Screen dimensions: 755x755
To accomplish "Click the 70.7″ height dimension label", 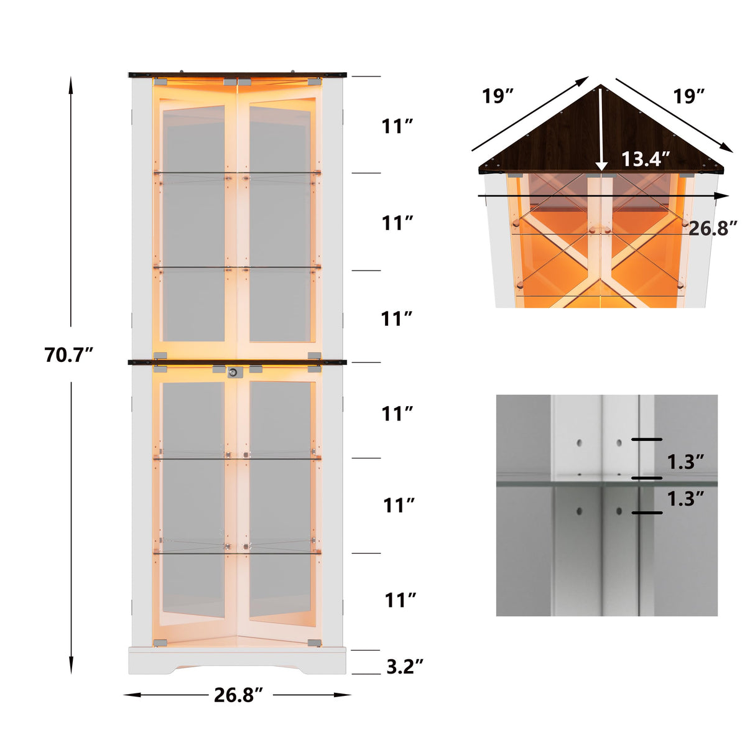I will (x=68, y=354).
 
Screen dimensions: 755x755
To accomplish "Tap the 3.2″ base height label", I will (x=405, y=667).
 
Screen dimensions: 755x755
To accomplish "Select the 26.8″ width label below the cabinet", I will (x=239, y=695).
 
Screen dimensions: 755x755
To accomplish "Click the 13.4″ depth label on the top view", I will (x=646, y=159).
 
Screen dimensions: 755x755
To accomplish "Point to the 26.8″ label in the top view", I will (x=713, y=228).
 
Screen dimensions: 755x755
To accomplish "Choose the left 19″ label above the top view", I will (x=498, y=96).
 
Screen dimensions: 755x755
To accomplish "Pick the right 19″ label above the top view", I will (x=689, y=96).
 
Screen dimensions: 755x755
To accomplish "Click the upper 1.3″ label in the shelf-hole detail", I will (x=685, y=461).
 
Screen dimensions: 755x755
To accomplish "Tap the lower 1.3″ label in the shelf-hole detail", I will (x=685, y=498).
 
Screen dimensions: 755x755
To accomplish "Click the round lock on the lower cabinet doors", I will (x=233, y=372).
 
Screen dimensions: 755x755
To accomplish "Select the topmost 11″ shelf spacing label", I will (x=397, y=126).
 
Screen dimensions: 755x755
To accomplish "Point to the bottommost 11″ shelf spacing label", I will (x=400, y=600).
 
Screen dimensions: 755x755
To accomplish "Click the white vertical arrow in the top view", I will (x=601, y=131).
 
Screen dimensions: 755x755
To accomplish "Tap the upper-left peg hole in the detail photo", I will (x=579, y=443).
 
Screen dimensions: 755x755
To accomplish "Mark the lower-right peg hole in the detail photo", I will (x=619, y=511).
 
